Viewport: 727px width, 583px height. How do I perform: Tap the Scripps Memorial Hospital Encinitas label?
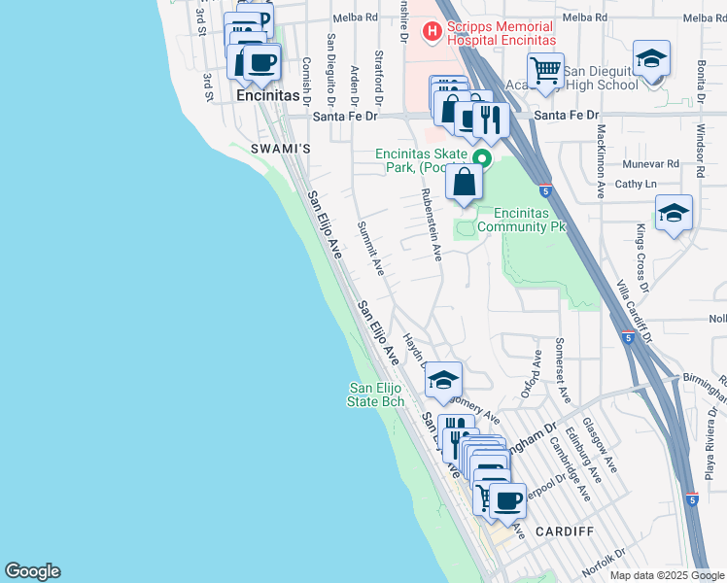tap(501, 33)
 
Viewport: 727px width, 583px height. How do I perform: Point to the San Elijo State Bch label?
tap(376, 394)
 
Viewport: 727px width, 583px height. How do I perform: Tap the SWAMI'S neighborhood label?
tap(280, 149)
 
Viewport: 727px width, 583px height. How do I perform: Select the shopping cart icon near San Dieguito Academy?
tap(545, 71)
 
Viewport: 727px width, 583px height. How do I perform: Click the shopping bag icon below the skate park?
tap(465, 182)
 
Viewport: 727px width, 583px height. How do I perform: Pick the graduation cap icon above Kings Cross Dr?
tap(674, 213)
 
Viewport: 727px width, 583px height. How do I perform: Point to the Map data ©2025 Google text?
tap(666, 575)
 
